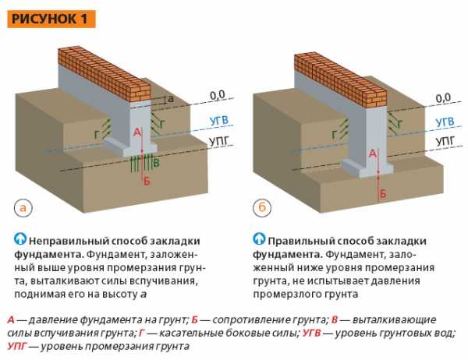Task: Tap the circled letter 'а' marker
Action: click(25, 208)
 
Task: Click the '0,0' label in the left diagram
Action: click(217, 95)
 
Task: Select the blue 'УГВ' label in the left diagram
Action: click(220, 121)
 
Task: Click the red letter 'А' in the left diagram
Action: click(137, 133)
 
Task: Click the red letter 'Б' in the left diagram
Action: click(146, 180)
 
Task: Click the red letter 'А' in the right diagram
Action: click(373, 155)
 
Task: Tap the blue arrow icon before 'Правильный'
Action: click(259, 239)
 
